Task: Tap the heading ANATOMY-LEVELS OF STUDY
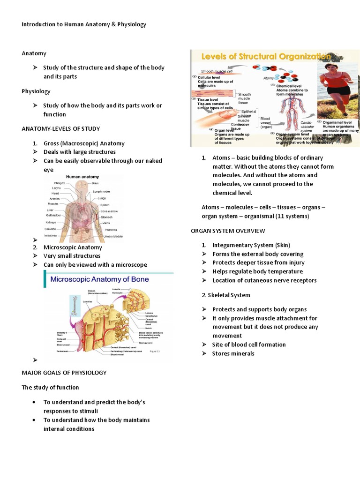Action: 60,128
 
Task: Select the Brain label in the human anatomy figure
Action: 95,183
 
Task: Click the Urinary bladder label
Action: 113,236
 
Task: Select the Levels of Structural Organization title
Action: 265,56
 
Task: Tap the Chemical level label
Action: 289,86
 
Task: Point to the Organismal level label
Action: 338,121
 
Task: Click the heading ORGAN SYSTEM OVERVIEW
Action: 228,231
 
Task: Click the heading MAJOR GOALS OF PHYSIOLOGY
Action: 64,373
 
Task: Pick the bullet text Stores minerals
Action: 233,353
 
